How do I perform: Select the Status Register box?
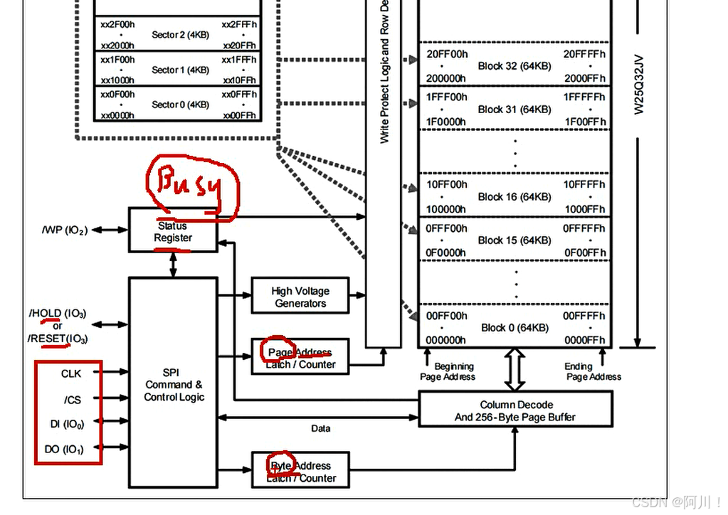pos(173,230)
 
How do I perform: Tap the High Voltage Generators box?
pos(300,297)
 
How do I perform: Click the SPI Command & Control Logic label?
pos(174,385)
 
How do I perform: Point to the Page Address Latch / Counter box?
pos(300,358)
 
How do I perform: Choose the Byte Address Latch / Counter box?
pos(300,472)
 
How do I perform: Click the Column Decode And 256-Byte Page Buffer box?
pos(516,410)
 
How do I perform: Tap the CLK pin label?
pos(71,373)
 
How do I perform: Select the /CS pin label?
pos(72,400)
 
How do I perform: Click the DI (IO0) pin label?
pos(67,425)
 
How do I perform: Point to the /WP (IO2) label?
pos(65,230)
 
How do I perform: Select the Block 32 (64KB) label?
pos(515,66)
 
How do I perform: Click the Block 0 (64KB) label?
pos(515,328)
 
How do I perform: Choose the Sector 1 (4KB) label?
pos(180,70)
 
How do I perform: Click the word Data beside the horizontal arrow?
pos(321,428)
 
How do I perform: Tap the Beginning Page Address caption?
pos(448,371)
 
